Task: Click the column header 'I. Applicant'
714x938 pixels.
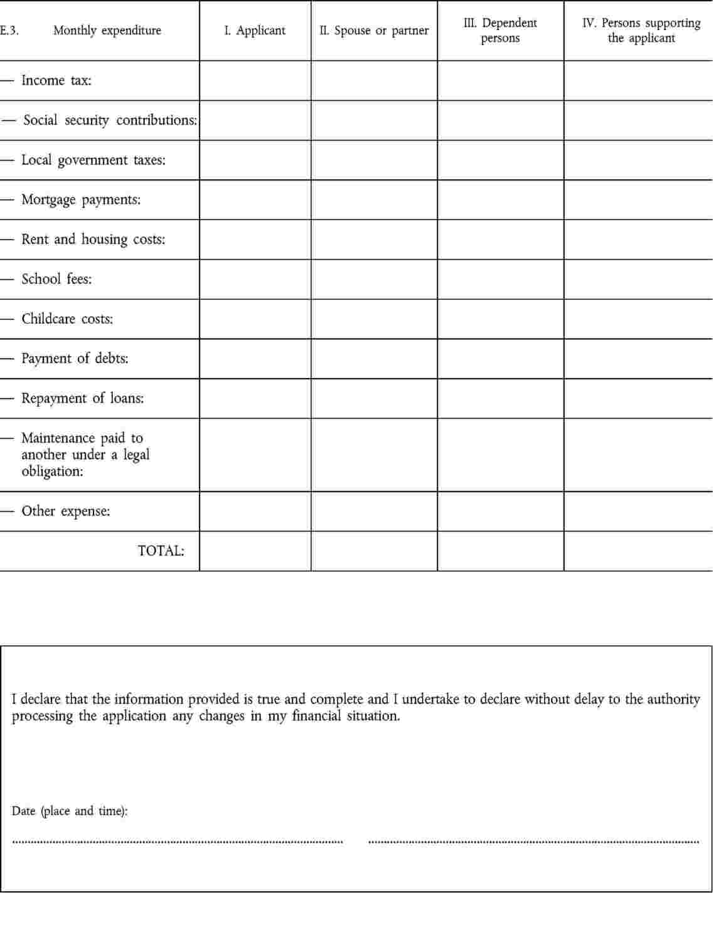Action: (255, 31)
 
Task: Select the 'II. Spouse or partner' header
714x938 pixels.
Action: (374, 31)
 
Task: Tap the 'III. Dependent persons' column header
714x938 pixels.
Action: (500, 31)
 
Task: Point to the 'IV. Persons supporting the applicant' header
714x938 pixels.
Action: (641, 31)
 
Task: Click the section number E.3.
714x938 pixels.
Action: (9, 31)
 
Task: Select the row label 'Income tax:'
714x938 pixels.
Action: (56, 81)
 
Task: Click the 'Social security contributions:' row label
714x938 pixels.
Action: (110, 120)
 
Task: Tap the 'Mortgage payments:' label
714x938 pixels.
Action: (81, 200)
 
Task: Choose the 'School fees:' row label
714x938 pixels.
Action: (56, 280)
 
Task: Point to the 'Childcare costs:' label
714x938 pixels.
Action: (67, 319)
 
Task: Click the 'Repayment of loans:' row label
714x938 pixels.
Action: (82, 399)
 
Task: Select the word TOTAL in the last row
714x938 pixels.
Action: (161, 551)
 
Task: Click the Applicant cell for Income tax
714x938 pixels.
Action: (255, 81)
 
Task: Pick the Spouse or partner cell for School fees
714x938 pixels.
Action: (374, 280)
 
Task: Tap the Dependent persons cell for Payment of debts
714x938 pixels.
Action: (500, 359)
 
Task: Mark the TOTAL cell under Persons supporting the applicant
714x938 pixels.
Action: (638, 551)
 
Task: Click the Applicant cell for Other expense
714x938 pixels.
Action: (255, 512)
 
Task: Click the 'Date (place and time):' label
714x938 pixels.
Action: (69, 811)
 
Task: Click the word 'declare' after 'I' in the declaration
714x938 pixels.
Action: (40, 699)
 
